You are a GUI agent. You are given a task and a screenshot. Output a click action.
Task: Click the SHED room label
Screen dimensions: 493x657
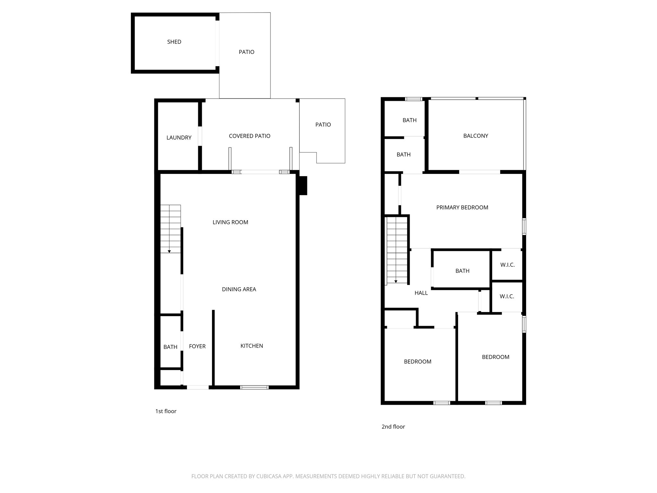(x=174, y=42)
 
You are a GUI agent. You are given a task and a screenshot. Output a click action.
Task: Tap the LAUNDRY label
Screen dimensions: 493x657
(x=179, y=138)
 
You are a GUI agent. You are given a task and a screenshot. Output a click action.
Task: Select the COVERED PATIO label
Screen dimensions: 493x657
(x=250, y=136)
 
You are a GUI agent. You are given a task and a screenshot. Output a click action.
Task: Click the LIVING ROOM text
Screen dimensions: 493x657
(x=230, y=222)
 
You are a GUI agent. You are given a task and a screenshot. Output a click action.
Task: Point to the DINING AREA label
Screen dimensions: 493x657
(x=239, y=289)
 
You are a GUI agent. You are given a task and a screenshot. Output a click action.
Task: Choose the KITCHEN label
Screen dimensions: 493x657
(x=252, y=346)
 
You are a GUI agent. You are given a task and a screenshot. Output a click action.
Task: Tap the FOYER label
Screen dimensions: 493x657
(x=197, y=346)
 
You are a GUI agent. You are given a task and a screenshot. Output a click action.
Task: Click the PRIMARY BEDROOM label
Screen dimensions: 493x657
(x=462, y=207)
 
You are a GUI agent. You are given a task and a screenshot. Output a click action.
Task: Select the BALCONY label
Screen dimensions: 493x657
(x=475, y=136)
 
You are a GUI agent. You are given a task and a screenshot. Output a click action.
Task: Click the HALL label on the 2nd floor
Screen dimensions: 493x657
(x=421, y=293)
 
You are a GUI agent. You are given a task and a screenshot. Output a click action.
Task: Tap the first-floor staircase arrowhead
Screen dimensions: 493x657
(x=169, y=251)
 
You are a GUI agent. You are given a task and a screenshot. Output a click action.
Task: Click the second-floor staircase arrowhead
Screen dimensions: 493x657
(x=396, y=281)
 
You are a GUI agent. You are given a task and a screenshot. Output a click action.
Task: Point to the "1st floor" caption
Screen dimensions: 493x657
(x=166, y=411)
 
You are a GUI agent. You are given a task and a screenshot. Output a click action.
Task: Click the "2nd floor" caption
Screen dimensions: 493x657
(x=393, y=427)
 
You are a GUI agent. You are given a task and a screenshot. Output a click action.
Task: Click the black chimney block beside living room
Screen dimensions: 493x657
(x=303, y=186)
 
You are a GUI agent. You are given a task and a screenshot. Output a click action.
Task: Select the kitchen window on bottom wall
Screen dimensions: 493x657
(x=254, y=387)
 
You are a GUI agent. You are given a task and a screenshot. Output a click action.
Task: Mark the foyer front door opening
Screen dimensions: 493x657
(x=198, y=387)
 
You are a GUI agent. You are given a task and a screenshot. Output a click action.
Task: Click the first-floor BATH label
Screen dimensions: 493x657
(x=170, y=347)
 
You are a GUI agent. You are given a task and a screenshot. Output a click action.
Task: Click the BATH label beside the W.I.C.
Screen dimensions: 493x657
(x=462, y=271)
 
